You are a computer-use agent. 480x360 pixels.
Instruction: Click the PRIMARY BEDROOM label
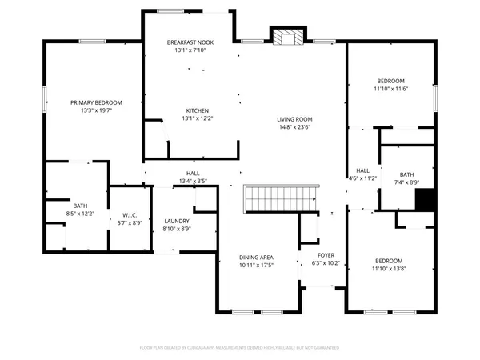click(96, 102)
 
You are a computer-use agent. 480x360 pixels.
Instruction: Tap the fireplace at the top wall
click(286, 37)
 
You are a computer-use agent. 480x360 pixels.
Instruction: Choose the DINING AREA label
click(257, 257)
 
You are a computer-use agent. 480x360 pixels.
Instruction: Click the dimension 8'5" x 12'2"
click(80, 214)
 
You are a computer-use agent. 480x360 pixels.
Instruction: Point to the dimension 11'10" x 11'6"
click(391, 90)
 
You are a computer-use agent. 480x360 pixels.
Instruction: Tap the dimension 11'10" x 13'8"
click(391, 270)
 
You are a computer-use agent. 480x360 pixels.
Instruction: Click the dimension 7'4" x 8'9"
click(407, 183)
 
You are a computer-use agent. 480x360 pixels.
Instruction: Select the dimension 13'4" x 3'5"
click(193, 182)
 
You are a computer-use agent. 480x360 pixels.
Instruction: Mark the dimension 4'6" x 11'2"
click(362, 179)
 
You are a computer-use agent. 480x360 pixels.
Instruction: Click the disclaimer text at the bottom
click(239, 348)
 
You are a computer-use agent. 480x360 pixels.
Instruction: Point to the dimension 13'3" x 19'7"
click(96, 111)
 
